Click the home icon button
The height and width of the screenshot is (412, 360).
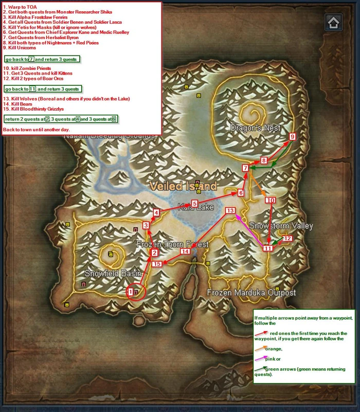coord(333,23)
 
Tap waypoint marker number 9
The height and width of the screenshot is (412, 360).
coord(292,137)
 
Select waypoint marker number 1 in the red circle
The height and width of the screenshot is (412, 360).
coord(131,292)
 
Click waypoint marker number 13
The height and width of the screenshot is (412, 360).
coord(230,211)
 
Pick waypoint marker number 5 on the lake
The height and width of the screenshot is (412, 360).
coord(194,204)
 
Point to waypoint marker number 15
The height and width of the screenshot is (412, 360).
coord(157,264)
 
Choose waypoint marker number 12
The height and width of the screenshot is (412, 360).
coord(287,239)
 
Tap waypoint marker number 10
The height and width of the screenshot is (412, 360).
coord(271,200)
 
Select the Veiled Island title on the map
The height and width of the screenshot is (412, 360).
coord(183,186)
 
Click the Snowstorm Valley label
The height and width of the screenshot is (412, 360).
coord(281,226)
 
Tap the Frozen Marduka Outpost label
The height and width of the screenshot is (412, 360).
coord(251,293)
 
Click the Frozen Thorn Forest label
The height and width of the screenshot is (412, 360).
coord(172,244)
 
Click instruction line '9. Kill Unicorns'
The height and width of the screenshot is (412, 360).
coord(20,48)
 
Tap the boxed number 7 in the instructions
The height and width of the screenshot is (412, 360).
coord(31,59)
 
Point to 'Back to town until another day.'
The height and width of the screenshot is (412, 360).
coord(36,130)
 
